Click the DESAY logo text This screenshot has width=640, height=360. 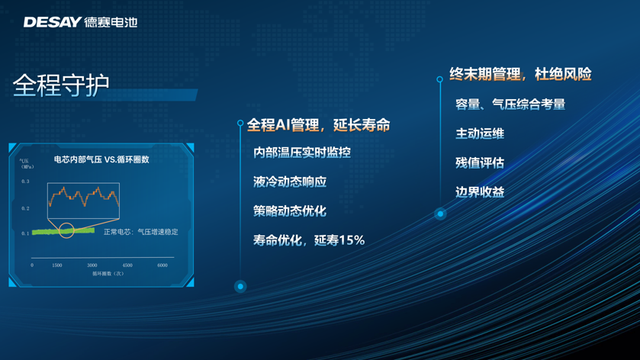pos(53,22)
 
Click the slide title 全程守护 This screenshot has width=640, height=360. pos(61,85)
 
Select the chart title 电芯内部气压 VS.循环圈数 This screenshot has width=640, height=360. pos(101,159)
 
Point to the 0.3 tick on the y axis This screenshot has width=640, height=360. pos(25,182)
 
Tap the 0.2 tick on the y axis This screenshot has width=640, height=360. pos(25,208)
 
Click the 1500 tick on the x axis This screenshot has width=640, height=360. pos(57,265)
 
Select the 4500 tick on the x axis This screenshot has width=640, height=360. pos(127,265)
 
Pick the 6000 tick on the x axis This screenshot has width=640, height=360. pos(162,265)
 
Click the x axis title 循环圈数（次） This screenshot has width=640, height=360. pos(108,274)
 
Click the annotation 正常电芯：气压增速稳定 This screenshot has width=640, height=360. pos(141,232)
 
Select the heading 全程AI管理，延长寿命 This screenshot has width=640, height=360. pos(318,125)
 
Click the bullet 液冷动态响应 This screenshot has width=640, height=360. pos(290,182)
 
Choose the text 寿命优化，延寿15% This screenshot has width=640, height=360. pos(309,240)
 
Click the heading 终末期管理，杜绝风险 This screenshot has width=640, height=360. pos(520,74)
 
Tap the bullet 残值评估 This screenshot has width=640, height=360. pos(480,163)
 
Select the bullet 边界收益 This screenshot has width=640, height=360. pos(480,192)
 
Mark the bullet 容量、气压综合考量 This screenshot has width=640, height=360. pos(510,104)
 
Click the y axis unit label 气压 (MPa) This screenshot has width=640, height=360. pos(27,164)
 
